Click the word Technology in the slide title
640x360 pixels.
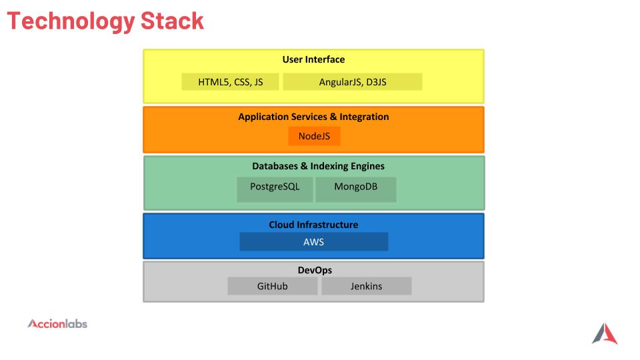pos(71,21)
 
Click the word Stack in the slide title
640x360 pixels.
pos(172,21)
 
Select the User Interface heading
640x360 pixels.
pos(313,59)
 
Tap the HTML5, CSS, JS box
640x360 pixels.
pos(230,81)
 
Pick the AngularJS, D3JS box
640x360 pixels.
pos(353,81)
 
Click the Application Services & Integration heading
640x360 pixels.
pos(313,117)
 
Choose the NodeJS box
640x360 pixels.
pos(314,136)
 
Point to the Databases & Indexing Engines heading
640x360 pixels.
pos(319,166)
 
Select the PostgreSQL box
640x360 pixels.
pos(275,189)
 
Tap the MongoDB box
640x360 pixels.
pos(356,189)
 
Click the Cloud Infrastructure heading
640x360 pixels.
pos(313,225)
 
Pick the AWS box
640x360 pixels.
pos(314,241)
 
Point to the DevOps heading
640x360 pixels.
pos(315,270)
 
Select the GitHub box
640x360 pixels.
pos(272,286)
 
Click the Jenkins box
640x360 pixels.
pos(367,286)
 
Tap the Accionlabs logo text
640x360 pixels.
pos(57,324)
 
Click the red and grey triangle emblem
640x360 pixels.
pos(605,333)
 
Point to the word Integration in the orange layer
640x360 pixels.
pos(364,117)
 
